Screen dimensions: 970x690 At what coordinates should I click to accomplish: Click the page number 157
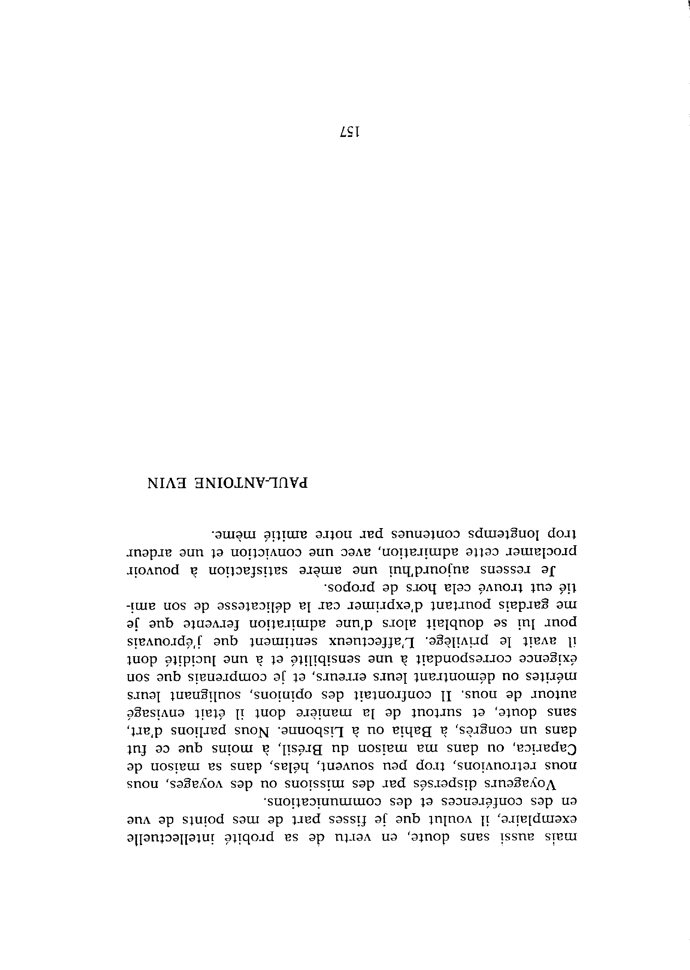pyautogui.click(x=350, y=133)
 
